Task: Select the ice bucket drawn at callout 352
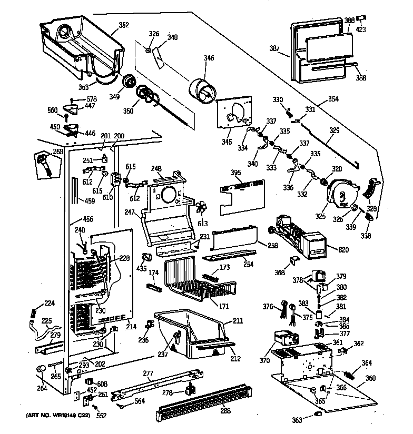[79, 45]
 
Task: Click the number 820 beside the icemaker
[343, 249]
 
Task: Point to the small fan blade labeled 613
[201, 208]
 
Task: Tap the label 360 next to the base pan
[370, 378]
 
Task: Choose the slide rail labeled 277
[158, 385]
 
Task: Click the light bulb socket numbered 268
[43, 162]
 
